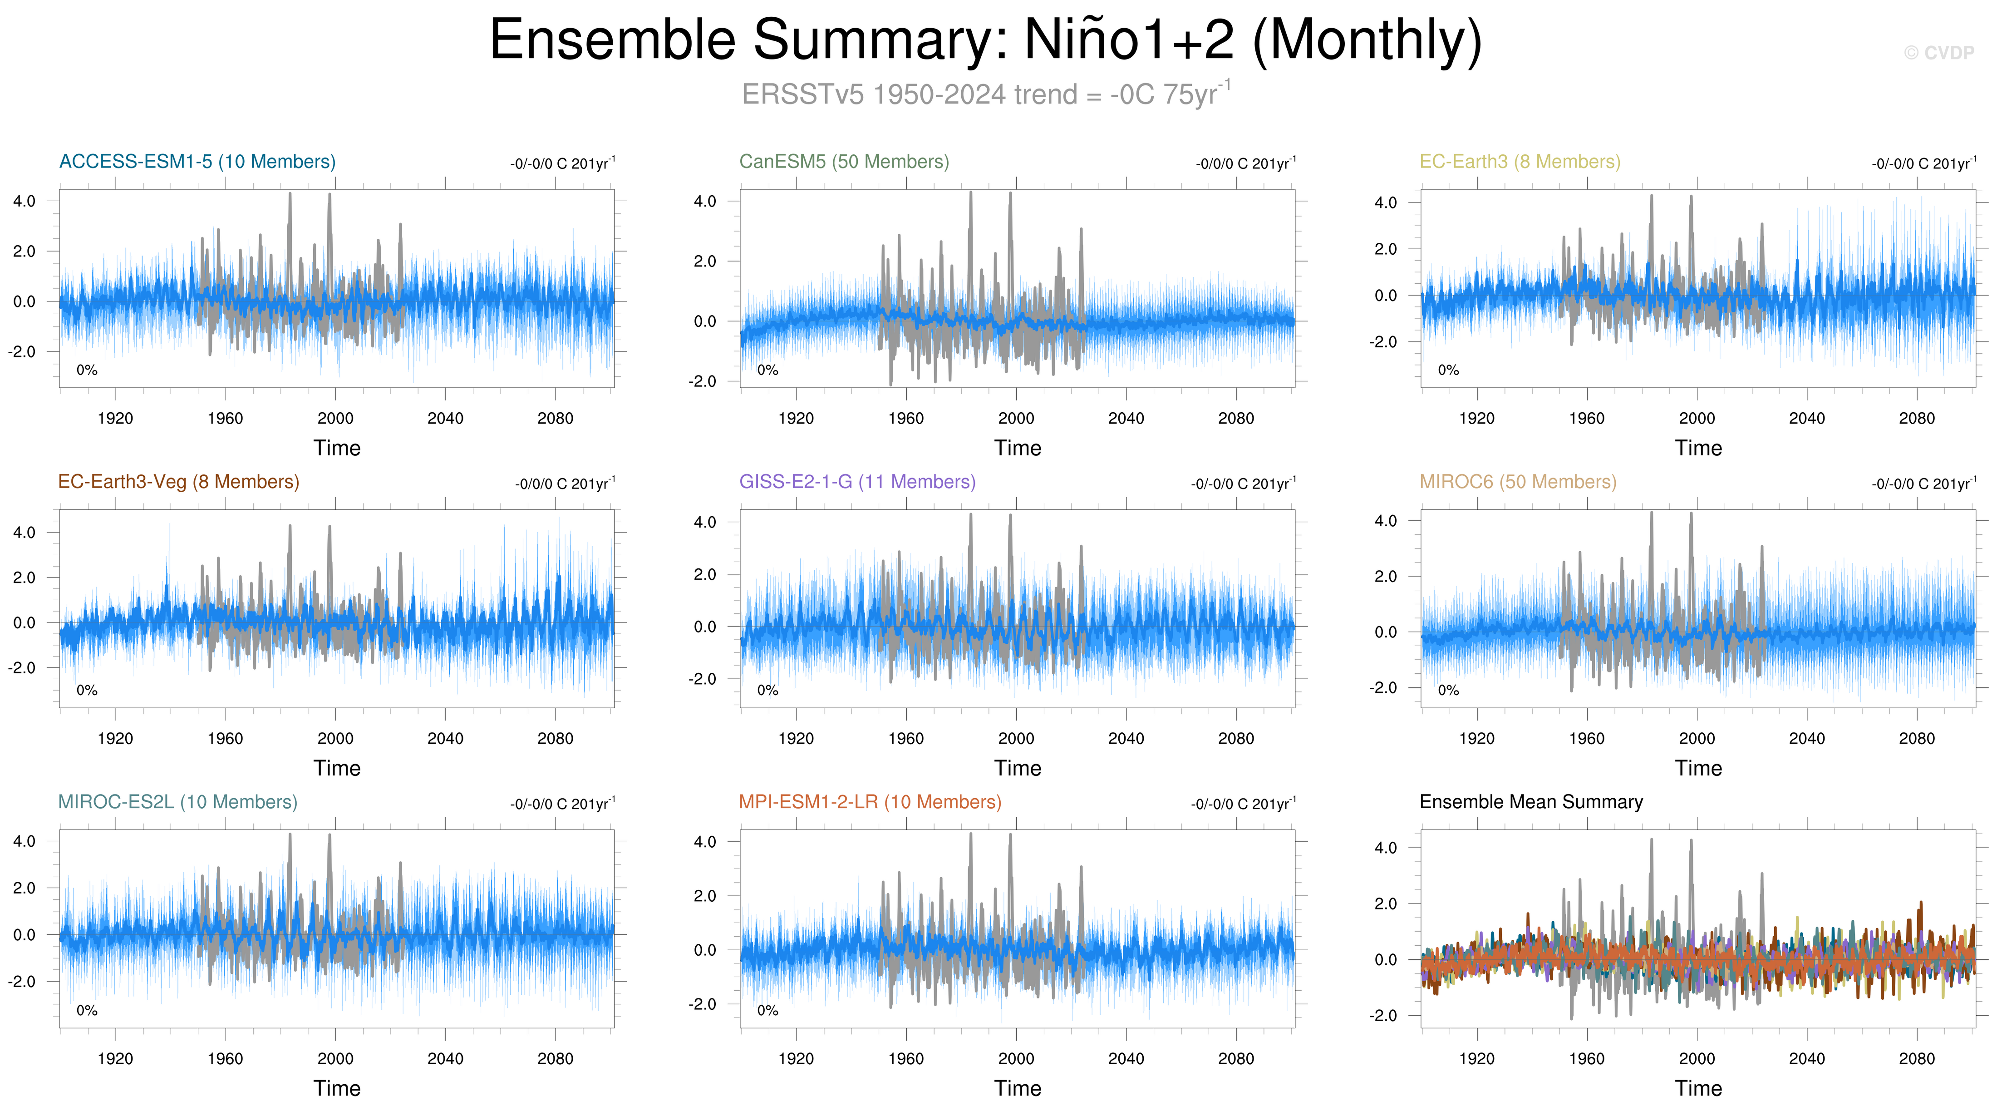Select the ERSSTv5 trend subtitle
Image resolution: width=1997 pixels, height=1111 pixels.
tap(984, 94)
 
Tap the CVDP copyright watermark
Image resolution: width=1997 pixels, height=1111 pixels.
tap(1938, 53)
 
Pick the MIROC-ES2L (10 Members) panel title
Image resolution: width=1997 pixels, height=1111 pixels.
tap(177, 802)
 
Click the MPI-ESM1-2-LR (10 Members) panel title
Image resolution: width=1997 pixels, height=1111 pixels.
tap(869, 802)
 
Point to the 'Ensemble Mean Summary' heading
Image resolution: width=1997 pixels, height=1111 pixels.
tap(1530, 802)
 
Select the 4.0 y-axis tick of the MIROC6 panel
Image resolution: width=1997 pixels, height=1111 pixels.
tap(1385, 521)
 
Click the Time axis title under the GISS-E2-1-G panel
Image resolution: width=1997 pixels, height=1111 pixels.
tap(1017, 768)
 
